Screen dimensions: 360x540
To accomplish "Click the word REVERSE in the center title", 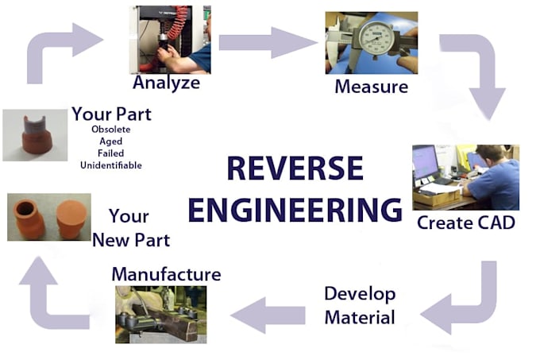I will tap(295, 169).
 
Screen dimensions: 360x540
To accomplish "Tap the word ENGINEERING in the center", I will tap(295, 208).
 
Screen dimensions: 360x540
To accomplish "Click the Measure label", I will tap(372, 85).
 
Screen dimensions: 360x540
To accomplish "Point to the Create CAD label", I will tap(466, 223).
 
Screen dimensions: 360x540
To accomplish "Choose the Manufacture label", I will tap(166, 274).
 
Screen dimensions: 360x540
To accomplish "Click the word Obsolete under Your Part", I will tap(111, 130).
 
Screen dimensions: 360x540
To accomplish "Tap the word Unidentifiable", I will tap(111, 165).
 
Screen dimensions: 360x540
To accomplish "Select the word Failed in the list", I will tap(110, 153).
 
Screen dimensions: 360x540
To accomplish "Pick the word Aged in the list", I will tap(110, 141).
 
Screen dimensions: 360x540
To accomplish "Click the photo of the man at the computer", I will tap(465, 177).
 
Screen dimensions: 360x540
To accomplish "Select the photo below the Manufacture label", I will tap(161, 315).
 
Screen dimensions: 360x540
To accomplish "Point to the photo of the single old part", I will tap(35, 135).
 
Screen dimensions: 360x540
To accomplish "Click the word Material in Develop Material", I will tap(359, 318).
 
